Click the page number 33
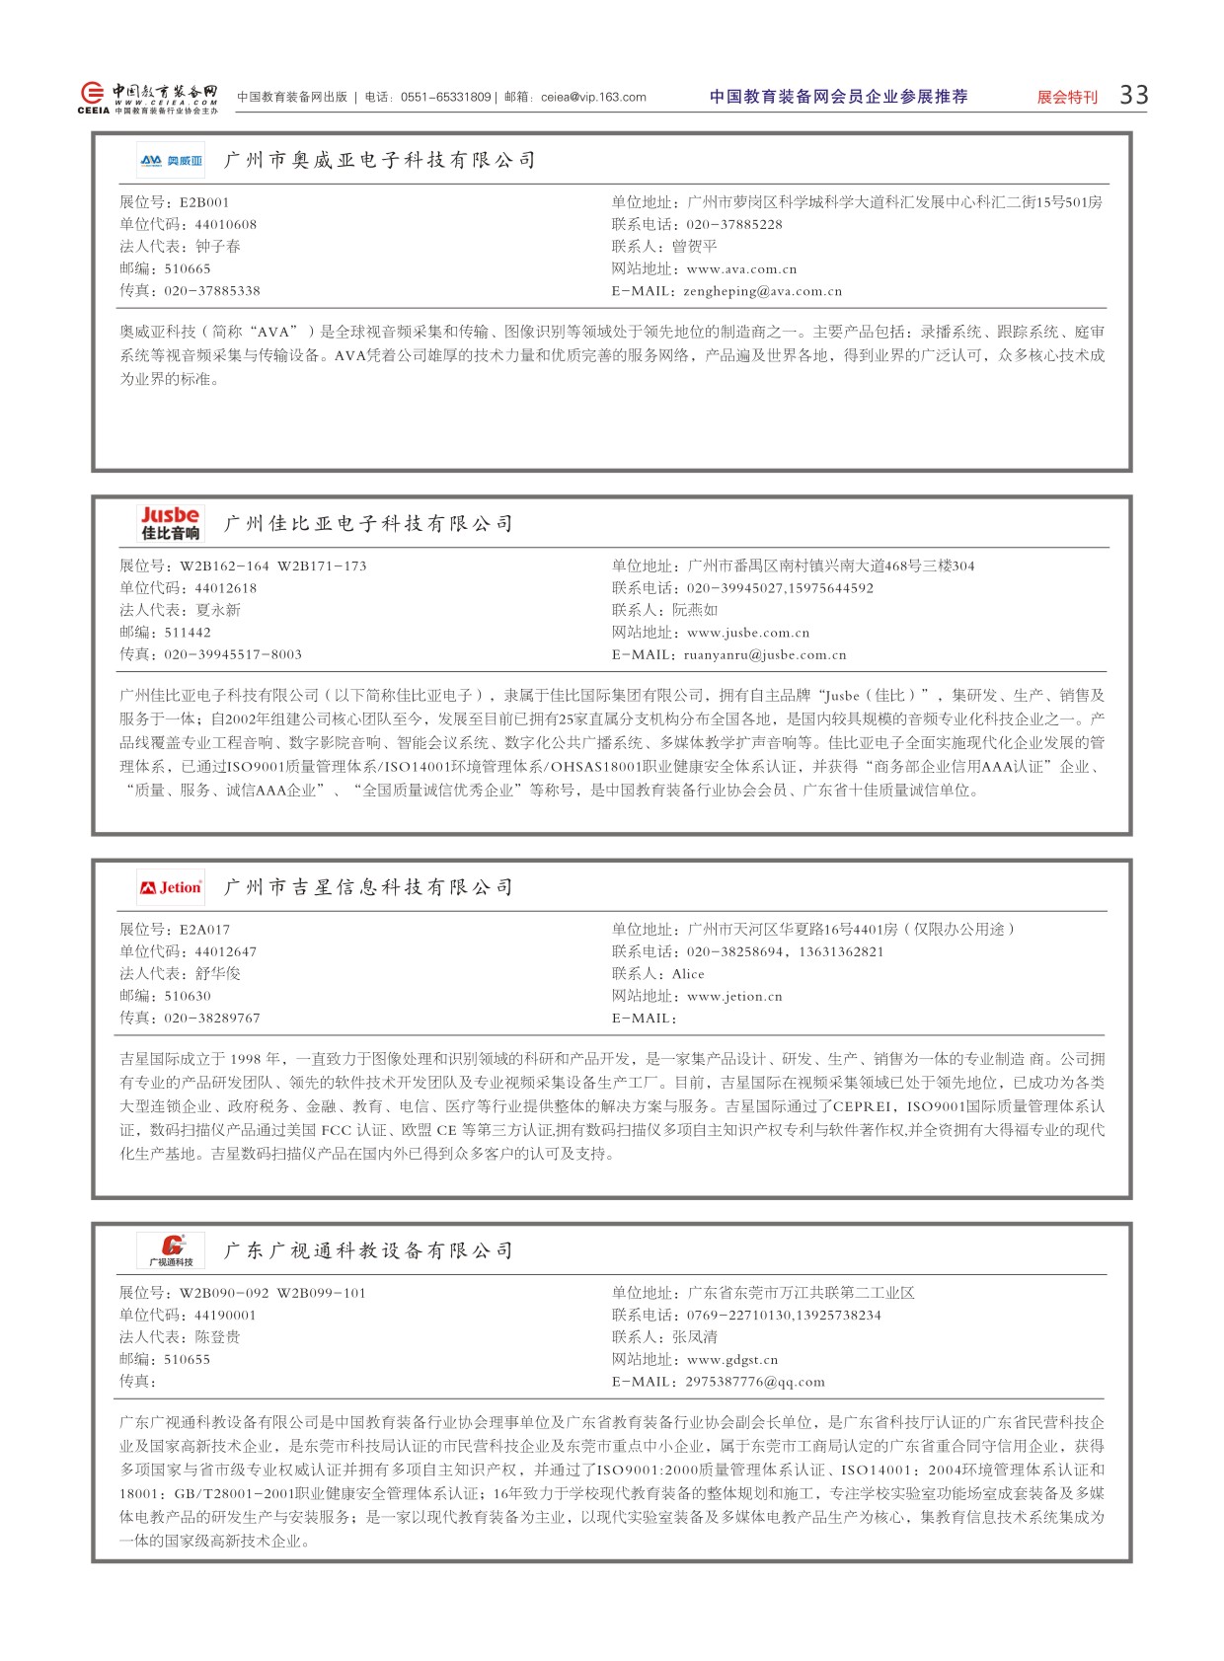point(1133,95)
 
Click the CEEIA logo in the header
point(148,97)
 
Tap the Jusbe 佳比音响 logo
point(171,523)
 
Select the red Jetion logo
point(171,887)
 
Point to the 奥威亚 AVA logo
point(171,160)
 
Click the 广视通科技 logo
point(171,1250)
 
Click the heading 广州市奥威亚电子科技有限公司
point(380,160)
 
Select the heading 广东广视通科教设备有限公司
point(368,1250)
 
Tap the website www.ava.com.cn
point(741,268)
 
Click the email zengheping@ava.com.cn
point(762,291)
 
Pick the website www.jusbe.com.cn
point(747,633)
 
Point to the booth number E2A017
point(204,930)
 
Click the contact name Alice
point(688,974)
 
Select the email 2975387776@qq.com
point(755,1382)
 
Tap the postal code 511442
point(188,633)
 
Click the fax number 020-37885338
point(212,291)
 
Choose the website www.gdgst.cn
point(732,1360)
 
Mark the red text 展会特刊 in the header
point(1067,97)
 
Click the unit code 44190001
point(225,1316)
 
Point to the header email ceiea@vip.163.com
point(593,97)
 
